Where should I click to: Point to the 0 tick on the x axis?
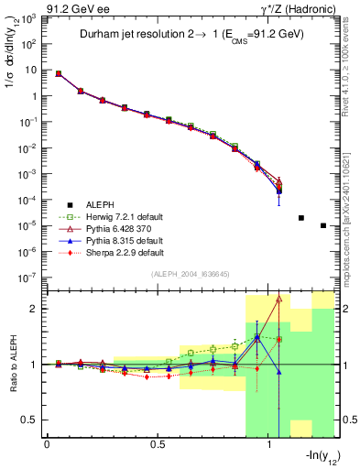47,443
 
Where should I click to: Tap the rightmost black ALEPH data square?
323,225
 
